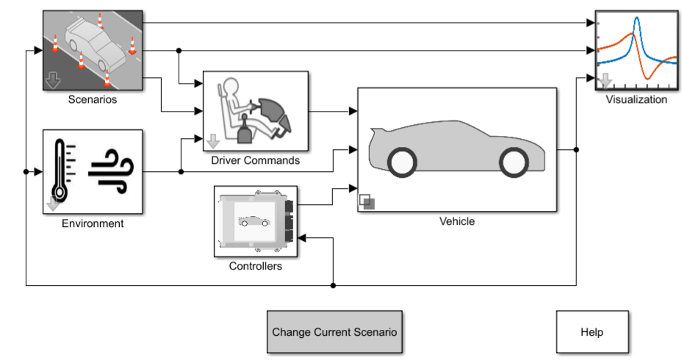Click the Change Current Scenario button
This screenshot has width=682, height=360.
point(334,332)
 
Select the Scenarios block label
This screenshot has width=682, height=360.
point(93,98)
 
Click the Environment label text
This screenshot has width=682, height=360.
point(93,223)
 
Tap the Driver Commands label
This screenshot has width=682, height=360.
point(255,160)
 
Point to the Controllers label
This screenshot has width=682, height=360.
point(255,266)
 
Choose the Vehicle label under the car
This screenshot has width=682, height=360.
point(457,221)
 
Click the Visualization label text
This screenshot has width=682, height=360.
point(636,99)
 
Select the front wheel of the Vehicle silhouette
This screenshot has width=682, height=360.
point(512,162)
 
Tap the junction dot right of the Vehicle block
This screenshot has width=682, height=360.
point(576,150)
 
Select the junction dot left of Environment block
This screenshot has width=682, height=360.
point(26,172)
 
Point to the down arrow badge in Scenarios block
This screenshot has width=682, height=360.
point(52,80)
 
